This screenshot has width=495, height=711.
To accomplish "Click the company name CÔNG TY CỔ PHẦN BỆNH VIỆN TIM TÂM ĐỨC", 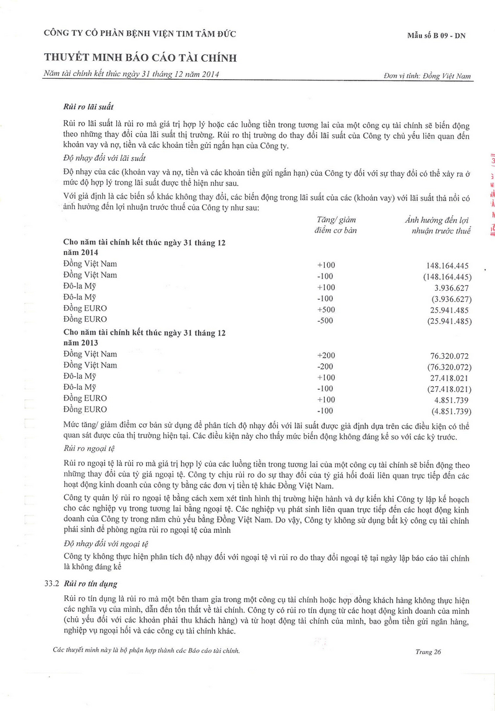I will (x=139, y=33).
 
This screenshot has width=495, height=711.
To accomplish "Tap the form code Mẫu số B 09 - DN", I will (x=436, y=36).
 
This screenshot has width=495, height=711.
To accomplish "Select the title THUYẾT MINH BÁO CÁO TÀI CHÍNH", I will (x=140, y=58).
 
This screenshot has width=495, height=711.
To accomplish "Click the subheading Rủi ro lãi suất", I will (x=88, y=107).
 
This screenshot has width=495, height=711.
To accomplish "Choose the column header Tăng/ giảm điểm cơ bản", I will (x=335, y=225).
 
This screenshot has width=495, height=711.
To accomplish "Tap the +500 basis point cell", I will (x=325, y=309).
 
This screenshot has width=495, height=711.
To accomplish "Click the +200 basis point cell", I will (x=325, y=355).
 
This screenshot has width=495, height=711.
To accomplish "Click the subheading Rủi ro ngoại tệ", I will (x=90, y=447).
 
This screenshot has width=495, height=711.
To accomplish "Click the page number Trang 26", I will (x=429, y=652).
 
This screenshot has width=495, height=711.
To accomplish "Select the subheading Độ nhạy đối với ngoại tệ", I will (x=106, y=544).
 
